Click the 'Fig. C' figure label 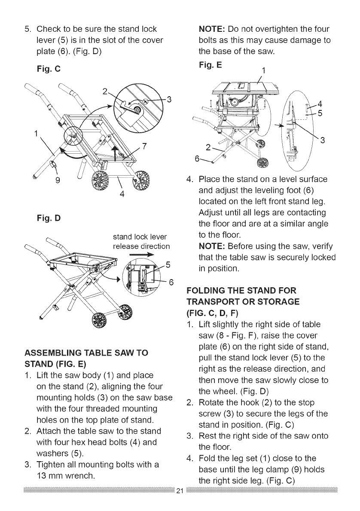[48, 68]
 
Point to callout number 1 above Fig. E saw [264, 70]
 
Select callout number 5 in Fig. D [168, 264]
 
